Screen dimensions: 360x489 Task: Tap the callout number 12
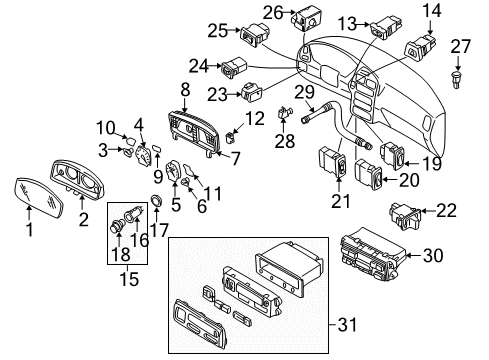[x=255, y=119]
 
